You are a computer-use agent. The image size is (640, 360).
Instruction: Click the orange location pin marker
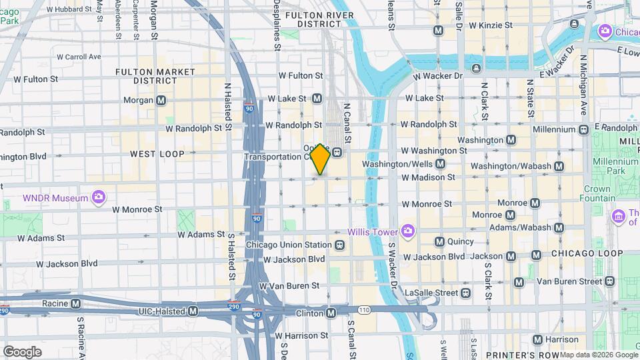[x=321, y=159]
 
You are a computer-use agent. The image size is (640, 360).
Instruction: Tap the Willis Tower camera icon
[x=407, y=232]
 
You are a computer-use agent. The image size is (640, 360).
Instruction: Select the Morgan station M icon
[x=161, y=100]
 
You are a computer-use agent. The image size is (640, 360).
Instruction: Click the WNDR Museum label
[x=55, y=198]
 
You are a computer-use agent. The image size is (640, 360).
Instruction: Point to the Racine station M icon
[x=76, y=303]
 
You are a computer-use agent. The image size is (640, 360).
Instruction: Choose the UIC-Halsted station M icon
[x=193, y=311]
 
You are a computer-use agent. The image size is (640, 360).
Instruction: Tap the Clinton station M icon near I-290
[x=331, y=313]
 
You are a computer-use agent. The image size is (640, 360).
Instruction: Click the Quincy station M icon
[x=439, y=241]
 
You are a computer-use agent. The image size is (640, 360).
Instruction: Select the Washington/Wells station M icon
[x=440, y=163]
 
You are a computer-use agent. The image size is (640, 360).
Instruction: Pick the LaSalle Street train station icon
[x=465, y=293]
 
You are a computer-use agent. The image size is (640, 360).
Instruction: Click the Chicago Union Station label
[x=289, y=245]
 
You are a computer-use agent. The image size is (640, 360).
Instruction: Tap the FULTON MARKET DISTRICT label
[x=155, y=76]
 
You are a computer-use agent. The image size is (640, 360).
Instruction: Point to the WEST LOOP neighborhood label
[x=157, y=154]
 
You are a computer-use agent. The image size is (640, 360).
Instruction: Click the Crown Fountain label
[x=597, y=194]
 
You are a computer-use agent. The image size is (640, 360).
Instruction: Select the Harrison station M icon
[x=537, y=339]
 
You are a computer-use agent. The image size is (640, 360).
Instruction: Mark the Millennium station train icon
[x=583, y=129]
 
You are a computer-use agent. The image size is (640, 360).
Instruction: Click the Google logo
[x=22, y=351]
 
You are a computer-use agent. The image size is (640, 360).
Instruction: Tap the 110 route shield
[x=364, y=310]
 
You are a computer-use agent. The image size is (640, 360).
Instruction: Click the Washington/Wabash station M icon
[x=559, y=166]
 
